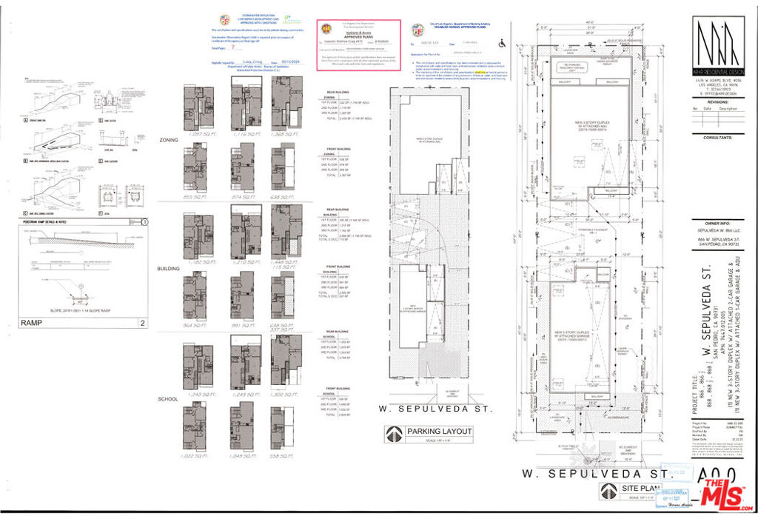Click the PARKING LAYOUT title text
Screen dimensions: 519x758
point(436,432)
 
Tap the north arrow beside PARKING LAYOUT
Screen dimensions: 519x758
point(394,434)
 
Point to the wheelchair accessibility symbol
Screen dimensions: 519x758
point(503,43)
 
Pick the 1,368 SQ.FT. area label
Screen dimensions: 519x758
point(286,134)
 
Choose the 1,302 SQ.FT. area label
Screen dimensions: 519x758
point(286,395)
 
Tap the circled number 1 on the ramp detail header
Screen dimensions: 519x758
point(145,221)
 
